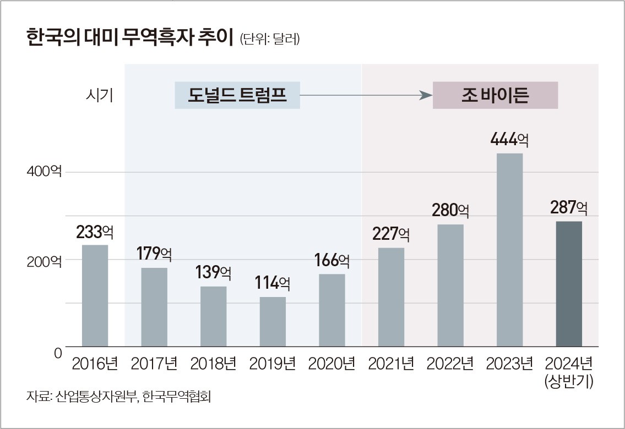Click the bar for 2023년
click(x=509, y=250)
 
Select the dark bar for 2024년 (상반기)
click(x=568, y=284)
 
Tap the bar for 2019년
click(x=273, y=322)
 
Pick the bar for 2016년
click(x=95, y=295)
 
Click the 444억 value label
click(x=509, y=140)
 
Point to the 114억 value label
click(x=273, y=283)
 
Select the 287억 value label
click(x=568, y=208)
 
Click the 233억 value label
click(x=95, y=232)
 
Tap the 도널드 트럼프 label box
click(x=237, y=96)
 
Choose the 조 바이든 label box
click(x=495, y=96)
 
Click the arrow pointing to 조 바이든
click(x=366, y=96)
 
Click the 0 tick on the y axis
click(x=58, y=353)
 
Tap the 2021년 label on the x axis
click(x=391, y=364)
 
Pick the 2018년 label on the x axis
click(x=213, y=364)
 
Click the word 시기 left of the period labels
click(x=99, y=96)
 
